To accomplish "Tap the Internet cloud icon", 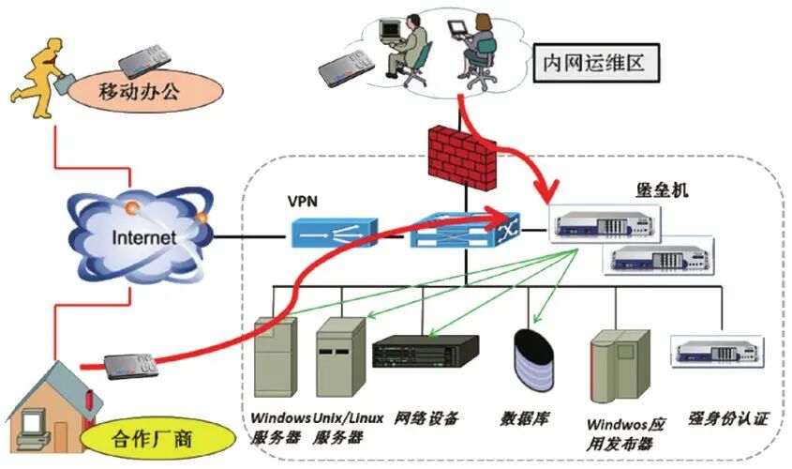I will tap(142, 236).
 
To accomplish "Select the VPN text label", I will tap(304, 201).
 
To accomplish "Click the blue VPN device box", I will tap(333, 232).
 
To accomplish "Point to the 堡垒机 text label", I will tap(664, 190).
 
